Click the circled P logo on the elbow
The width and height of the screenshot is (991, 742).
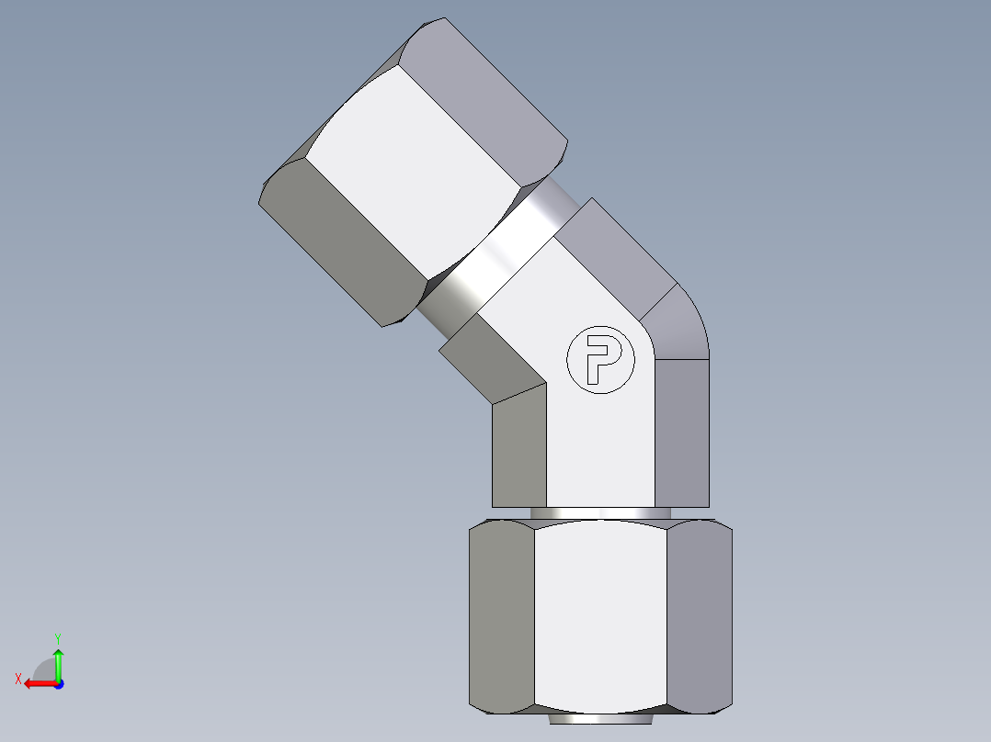(600, 360)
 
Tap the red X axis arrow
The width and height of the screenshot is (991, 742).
(37, 683)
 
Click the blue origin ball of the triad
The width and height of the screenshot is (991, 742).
(58, 683)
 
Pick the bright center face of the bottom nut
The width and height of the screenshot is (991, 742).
(600, 615)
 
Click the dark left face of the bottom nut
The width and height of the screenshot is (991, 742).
(502, 615)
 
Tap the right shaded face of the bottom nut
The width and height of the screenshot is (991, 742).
(699, 615)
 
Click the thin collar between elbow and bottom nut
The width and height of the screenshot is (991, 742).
(600, 512)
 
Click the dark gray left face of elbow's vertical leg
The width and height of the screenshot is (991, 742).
(519, 450)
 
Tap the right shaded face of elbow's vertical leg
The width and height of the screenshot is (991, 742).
(681, 432)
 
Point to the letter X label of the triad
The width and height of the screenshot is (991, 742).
(17, 679)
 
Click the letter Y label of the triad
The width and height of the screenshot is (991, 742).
(57, 637)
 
